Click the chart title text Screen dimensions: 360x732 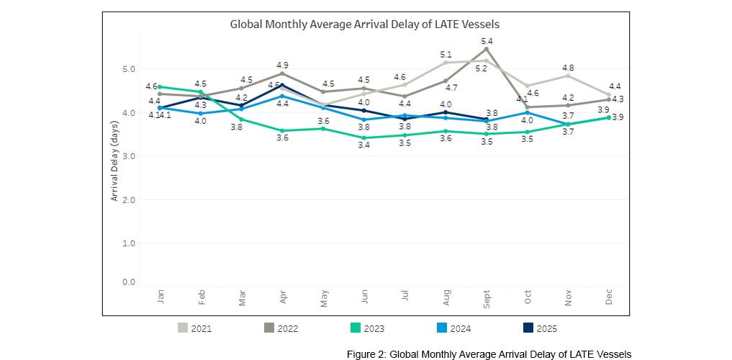click(x=364, y=24)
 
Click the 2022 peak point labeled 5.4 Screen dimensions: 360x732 click(x=487, y=49)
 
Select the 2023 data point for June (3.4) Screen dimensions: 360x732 click(x=364, y=138)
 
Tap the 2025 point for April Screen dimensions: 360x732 click(x=282, y=85)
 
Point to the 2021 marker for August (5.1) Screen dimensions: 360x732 click(x=446, y=63)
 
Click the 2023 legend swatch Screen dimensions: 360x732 click(x=355, y=328)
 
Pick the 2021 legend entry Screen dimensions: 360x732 click(x=194, y=328)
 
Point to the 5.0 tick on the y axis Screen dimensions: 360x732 click(x=127, y=69)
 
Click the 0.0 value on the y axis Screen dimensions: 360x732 click(x=127, y=282)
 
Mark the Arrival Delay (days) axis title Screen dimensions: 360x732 click(x=114, y=160)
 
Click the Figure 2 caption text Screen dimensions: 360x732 click(x=489, y=354)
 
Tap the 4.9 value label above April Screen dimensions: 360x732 click(x=282, y=65)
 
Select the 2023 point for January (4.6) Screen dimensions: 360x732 click(x=159, y=86)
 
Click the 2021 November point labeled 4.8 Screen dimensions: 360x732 click(x=568, y=76)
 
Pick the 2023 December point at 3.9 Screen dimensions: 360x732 click(x=609, y=117)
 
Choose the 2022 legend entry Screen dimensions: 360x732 click(x=281, y=328)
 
